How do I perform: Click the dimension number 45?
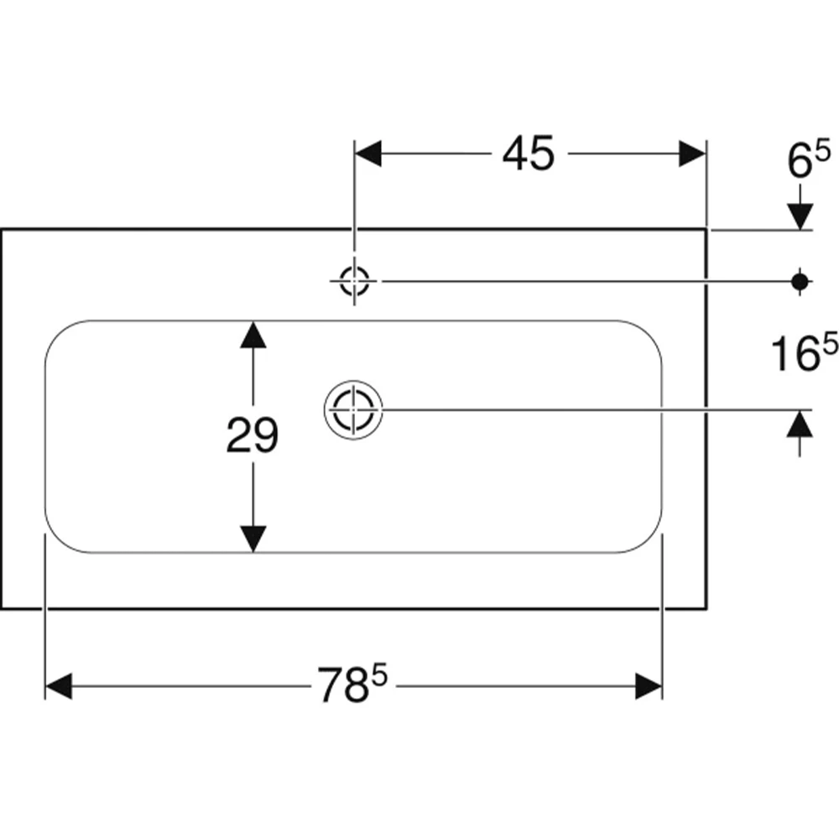pos(528,154)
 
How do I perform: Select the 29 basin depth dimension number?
pos(253,435)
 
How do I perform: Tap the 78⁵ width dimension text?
pos(352,683)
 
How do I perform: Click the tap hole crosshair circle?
pos(354,280)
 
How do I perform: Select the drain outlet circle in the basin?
pos(354,410)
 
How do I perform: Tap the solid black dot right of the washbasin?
pos(800,281)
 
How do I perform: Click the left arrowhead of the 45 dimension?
pos(368,154)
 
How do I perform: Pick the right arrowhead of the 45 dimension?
pos(692,154)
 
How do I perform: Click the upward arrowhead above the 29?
pos(253,335)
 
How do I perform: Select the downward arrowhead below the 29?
pos(253,539)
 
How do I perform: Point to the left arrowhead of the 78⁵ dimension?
pos(59,686)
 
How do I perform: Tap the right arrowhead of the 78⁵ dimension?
pos(649,686)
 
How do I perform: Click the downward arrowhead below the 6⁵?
pos(800,216)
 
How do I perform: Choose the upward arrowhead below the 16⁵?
pos(800,423)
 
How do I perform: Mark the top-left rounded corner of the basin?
pos(59,334)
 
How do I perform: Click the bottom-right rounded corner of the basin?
pos(649,539)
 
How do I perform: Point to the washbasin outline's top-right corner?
pos(706,230)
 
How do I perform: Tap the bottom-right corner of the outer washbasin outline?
pos(706,608)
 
